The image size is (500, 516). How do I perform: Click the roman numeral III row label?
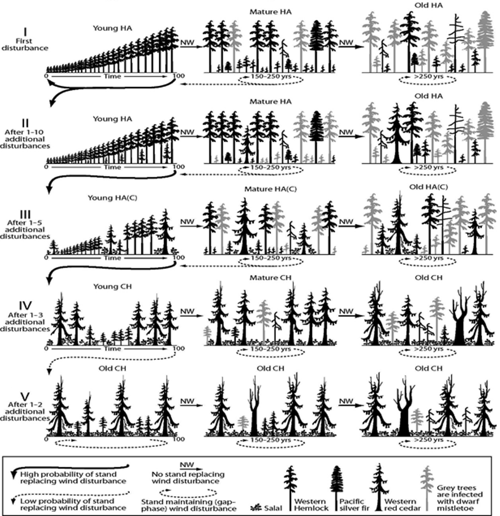point(25,214)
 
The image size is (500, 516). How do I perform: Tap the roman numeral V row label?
point(25,397)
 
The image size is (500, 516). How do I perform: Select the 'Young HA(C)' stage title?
point(112,198)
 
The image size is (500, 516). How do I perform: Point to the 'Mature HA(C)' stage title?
point(270,189)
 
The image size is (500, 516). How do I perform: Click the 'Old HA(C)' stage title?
point(429,187)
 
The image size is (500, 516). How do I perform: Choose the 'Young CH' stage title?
point(112,286)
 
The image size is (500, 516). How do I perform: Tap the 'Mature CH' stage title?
point(270,278)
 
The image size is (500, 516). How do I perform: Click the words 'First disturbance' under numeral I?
point(25,45)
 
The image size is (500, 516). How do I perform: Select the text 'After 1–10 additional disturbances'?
point(25,139)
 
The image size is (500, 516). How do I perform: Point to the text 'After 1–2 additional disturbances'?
point(25,412)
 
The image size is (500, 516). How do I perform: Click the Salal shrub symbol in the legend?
point(256,507)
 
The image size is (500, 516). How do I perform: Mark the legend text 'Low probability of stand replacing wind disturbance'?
point(73,504)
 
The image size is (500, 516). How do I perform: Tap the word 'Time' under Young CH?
point(112,349)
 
